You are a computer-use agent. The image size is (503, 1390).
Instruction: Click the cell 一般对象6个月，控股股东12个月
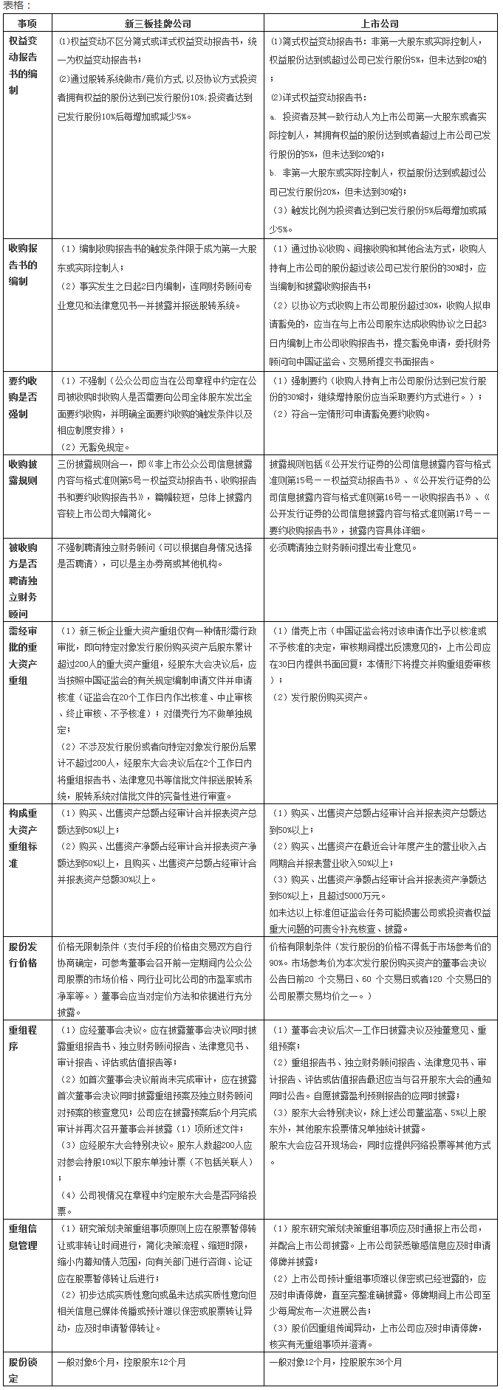click(122, 1362)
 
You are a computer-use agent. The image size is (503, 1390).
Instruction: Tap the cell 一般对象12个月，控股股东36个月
click(336, 1362)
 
